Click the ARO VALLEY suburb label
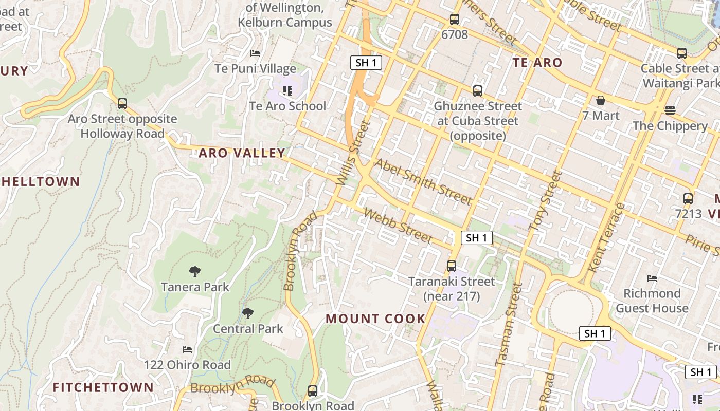click(x=242, y=153)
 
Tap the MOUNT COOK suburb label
click(x=375, y=319)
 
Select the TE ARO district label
click(x=537, y=63)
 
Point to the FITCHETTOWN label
click(x=103, y=387)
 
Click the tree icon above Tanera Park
click(x=195, y=272)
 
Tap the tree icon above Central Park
click(x=248, y=313)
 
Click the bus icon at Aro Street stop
click(x=122, y=104)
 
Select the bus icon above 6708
click(x=455, y=20)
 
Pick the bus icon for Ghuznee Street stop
click(x=478, y=91)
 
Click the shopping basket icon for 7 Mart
click(x=601, y=100)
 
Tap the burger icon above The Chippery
click(x=670, y=110)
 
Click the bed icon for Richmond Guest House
click(x=652, y=278)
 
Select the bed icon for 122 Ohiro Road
click(x=187, y=350)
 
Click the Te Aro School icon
click(x=287, y=91)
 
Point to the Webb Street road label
click(x=398, y=226)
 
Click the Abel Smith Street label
click(x=423, y=181)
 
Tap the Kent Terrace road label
click(x=606, y=237)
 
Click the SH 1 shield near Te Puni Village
click(x=366, y=63)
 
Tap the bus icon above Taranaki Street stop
click(x=452, y=266)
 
